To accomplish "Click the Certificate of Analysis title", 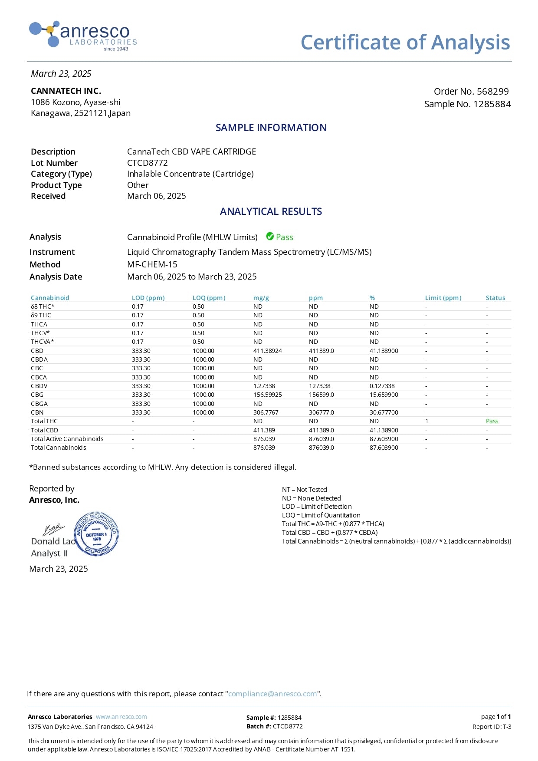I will click(405, 43).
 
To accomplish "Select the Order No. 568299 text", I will click(471, 92).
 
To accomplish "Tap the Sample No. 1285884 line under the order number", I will click(467, 104).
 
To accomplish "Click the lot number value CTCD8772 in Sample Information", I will click(147, 163).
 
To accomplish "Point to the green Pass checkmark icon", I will click(270, 237).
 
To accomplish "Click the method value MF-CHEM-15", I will click(152, 264).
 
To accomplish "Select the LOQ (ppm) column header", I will click(209, 298).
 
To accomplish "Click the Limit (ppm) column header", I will click(443, 298).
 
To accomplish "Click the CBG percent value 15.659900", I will click(384, 395).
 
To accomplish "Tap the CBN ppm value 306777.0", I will click(321, 412).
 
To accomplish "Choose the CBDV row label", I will click(39, 386).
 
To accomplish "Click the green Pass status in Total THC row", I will click(492, 421).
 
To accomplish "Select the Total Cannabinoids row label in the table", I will click(58, 448).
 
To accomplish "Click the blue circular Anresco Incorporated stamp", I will click(96, 534).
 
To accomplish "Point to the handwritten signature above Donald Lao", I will click(53, 530).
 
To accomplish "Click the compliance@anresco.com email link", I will click(272, 694).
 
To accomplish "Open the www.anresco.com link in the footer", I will click(121, 717).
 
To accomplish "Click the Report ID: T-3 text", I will click(492, 727).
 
